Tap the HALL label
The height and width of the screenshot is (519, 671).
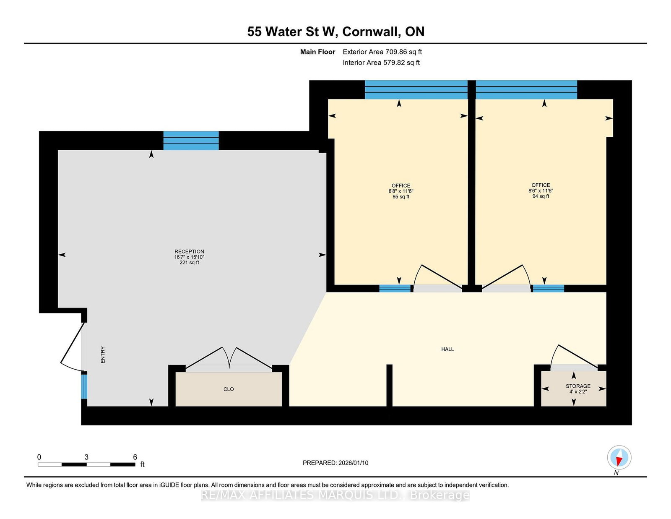[447, 349]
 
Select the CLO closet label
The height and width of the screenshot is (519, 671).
[229, 389]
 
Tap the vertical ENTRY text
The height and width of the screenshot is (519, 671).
[103, 355]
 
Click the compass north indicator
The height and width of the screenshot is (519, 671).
[619, 458]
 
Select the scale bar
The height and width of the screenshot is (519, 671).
[86, 464]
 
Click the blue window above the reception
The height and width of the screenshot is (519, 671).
[191, 141]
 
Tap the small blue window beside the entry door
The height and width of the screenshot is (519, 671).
[84, 386]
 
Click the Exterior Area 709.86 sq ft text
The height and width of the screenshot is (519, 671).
[382, 52]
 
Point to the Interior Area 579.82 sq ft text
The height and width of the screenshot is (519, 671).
[381, 63]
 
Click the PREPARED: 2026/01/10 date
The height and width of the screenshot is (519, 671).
[335, 463]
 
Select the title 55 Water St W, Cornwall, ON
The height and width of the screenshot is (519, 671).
[335, 31]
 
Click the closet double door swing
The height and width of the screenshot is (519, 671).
[229, 358]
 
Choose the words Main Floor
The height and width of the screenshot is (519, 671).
[317, 52]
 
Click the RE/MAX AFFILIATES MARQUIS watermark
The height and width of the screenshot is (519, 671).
[335, 495]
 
